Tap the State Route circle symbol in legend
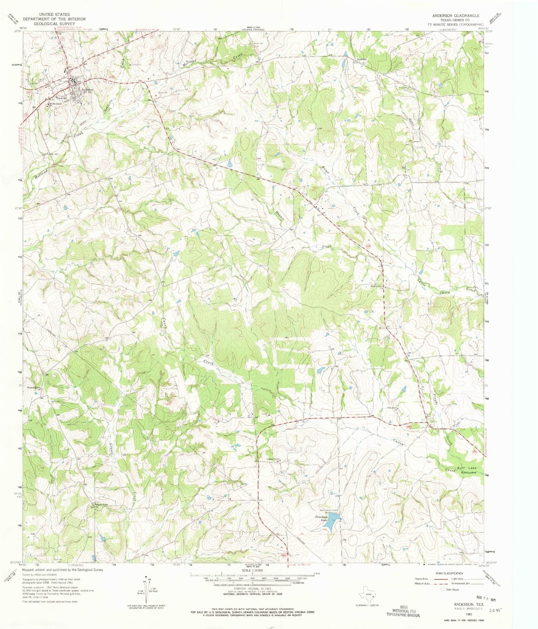[443, 590]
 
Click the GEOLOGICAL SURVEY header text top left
[54, 23]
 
